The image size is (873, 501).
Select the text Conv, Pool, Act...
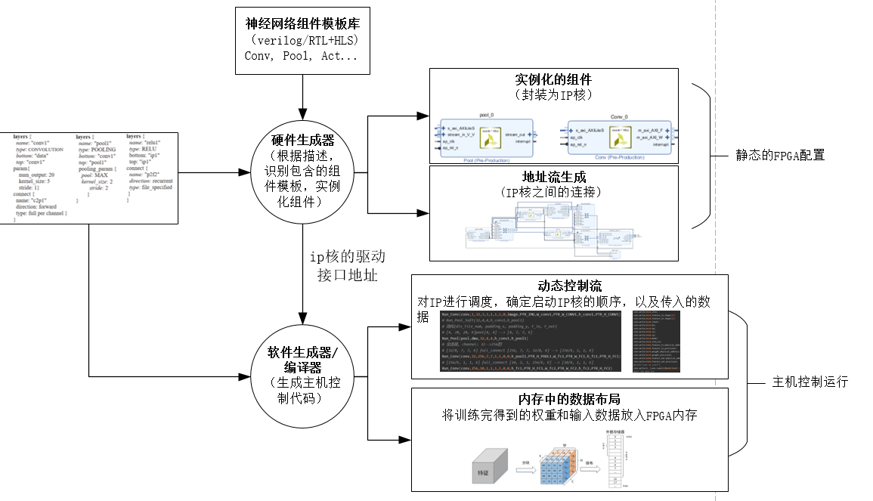point(302,56)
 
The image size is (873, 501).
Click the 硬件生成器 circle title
point(302,141)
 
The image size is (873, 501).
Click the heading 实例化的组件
point(553,80)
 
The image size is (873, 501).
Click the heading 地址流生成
point(553,178)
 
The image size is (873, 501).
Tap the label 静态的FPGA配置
point(780,156)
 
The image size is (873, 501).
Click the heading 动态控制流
point(569,286)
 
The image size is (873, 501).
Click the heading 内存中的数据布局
point(569,399)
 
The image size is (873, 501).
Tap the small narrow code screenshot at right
point(657,340)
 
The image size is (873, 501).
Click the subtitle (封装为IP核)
point(553,95)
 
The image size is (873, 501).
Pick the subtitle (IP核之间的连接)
point(553,193)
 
